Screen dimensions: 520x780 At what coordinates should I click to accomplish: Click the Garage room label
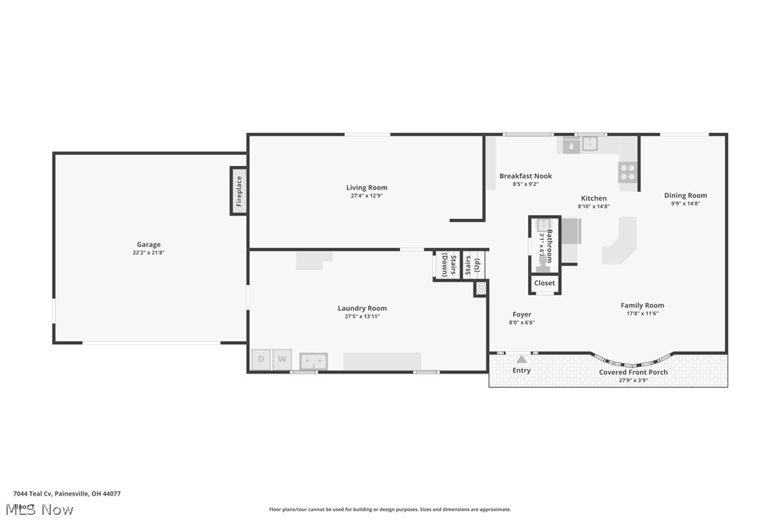149,244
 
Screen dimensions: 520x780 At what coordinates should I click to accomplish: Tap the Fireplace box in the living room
239,190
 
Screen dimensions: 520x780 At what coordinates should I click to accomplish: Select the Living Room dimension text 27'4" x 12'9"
366,196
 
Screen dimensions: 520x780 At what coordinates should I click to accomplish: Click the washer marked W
282,359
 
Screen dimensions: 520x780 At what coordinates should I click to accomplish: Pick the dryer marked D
261,359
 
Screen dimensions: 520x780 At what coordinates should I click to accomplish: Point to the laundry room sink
313,361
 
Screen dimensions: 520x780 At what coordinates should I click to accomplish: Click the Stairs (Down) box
445,264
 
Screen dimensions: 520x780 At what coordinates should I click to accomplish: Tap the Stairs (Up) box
472,264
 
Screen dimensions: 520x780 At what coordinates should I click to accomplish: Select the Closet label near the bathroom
544,283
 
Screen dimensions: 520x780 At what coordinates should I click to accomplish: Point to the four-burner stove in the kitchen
627,172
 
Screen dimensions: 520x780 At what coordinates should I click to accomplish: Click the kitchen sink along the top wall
589,144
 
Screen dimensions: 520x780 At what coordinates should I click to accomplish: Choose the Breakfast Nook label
526,176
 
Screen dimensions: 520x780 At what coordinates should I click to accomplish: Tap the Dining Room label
685,195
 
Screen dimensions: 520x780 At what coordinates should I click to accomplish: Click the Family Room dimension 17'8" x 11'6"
642,313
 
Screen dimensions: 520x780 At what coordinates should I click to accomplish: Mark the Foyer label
522,315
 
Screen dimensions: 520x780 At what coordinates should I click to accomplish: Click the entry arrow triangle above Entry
521,358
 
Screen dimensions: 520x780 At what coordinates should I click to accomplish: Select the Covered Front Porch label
633,372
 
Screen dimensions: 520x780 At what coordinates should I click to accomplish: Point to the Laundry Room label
362,308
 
